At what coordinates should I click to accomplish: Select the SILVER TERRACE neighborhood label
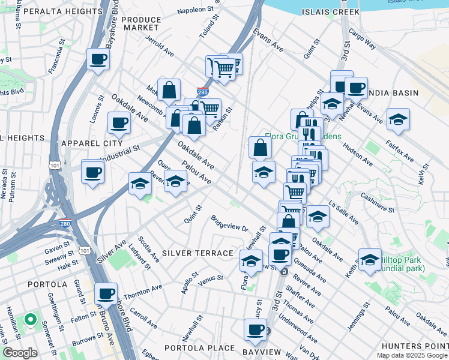[197, 253]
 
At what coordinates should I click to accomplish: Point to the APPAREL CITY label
[92, 143]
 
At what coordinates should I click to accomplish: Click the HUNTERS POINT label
[420, 347]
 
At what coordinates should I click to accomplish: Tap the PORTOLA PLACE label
[200, 348]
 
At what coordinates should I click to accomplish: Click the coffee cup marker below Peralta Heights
[98, 59]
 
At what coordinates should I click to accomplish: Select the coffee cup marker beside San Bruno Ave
[106, 294]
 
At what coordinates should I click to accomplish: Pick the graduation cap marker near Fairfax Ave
[398, 119]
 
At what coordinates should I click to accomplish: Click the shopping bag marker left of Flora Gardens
[260, 147]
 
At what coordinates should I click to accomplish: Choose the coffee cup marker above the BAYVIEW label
[255, 329]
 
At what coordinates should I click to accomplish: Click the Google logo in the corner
[20, 353]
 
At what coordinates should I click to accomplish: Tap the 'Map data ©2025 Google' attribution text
[411, 355]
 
